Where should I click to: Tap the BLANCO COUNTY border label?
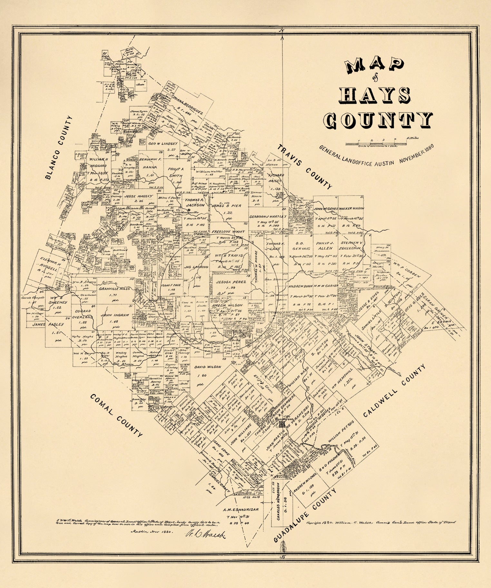coord(59,148)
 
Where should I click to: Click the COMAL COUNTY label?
coord(116,415)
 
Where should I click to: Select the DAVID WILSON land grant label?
coord(208,367)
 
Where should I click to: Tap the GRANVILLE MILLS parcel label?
coord(112,289)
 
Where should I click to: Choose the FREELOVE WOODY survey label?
coord(228,232)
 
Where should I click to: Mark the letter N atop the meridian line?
coord(282,31)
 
